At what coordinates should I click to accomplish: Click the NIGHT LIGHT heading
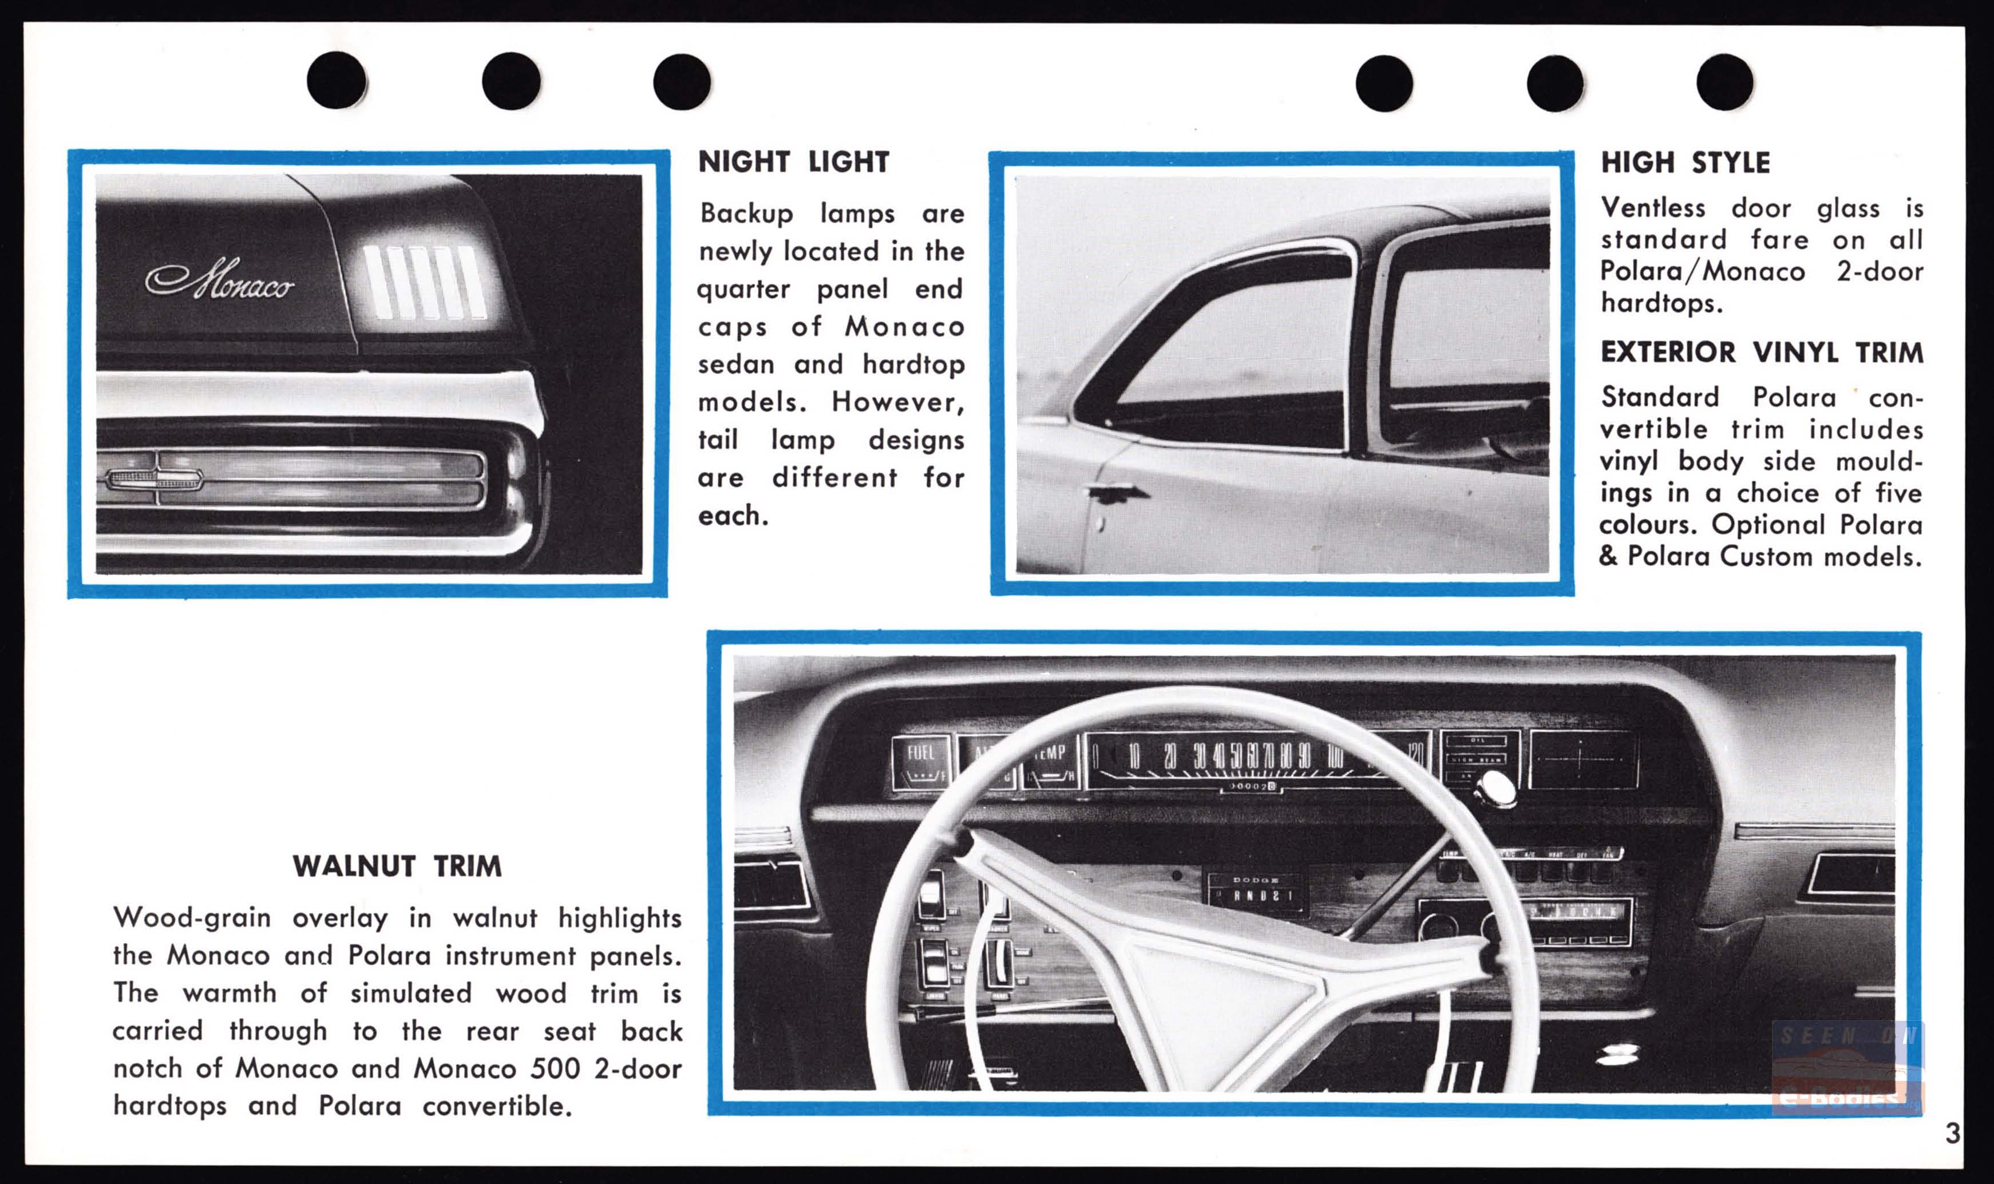[793, 162]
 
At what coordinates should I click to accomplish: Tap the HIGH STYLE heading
[1685, 163]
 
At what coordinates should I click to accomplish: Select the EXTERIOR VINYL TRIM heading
[1762, 352]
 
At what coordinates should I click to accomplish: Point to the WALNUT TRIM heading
[397, 866]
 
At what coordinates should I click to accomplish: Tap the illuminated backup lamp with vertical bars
[425, 282]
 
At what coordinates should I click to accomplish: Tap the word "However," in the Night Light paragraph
[897, 401]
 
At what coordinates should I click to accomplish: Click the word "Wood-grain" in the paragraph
[192, 918]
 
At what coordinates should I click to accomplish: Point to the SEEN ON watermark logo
[1846, 1067]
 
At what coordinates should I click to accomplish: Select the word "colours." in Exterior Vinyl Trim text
[1648, 524]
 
